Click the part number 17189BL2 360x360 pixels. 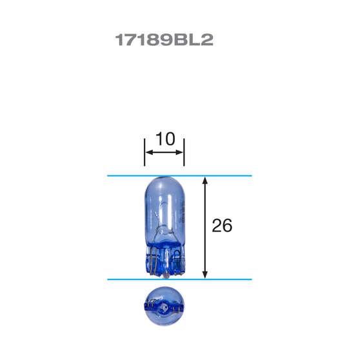pos(164,40)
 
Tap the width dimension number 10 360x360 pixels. pos(165,139)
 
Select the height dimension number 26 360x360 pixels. pos(221,226)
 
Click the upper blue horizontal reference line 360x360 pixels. pos(129,175)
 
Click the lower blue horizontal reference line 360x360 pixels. pos(129,279)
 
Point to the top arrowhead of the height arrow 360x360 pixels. pos(205,181)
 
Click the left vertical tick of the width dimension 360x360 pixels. pos(145,151)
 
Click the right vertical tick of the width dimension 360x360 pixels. pos(184,151)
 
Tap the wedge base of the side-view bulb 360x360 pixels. pos(164,261)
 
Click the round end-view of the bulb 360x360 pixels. pos(164,301)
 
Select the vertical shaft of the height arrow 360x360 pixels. pos(205,226)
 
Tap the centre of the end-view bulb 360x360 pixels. pos(164,302)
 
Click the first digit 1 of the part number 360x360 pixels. pos(119,40)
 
